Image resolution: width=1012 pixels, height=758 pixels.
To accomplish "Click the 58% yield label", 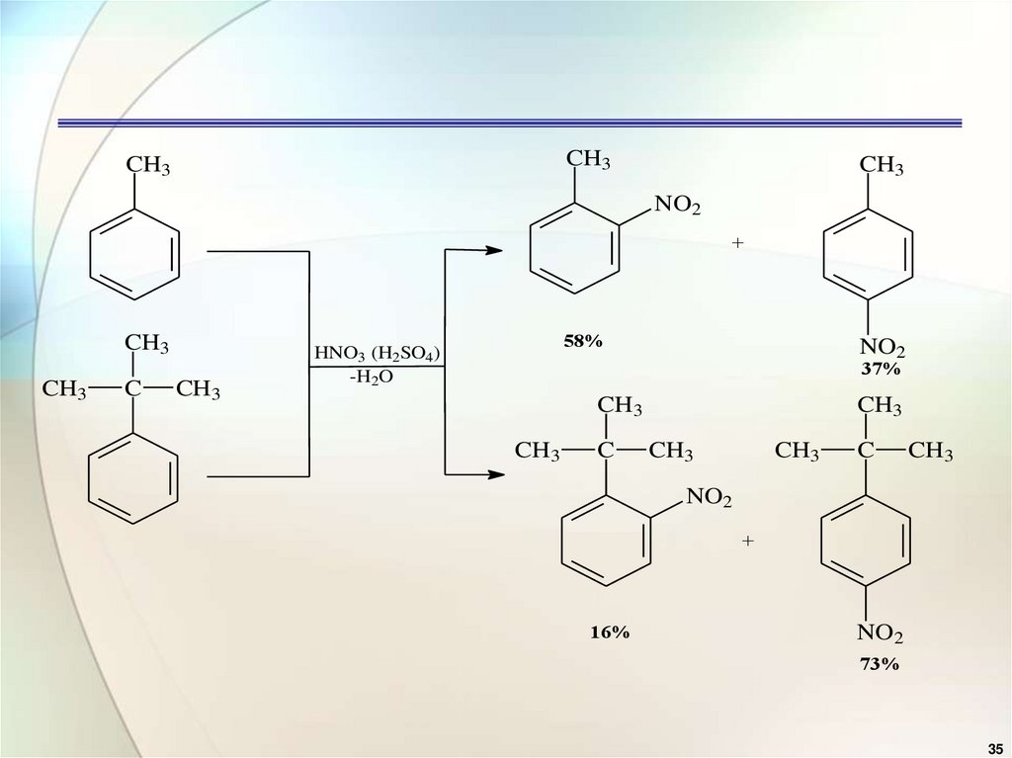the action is pyautogui.click(x=583, y=341).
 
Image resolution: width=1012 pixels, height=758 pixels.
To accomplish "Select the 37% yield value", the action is pyautogui.click(x=880, y=369).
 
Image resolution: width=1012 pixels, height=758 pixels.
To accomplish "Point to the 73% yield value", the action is pyautogui.click(x=879, y=664).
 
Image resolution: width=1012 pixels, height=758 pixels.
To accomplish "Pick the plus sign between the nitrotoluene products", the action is pyautogui.click(x=737, y=244).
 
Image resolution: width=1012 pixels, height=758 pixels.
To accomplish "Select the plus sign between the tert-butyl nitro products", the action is pyautogui.click(x=748, y=541).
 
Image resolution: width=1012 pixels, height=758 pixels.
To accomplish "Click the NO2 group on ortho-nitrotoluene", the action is pyautogui.click(x=677, y=207).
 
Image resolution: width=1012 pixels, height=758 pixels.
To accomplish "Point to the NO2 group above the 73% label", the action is pyautogui.click(x=880, y=632).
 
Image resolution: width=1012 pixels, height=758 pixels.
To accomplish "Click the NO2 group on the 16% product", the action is pyautogui.click(x=709, y=500).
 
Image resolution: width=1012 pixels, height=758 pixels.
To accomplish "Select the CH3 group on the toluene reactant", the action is pyautogui.click(x=148, y=165).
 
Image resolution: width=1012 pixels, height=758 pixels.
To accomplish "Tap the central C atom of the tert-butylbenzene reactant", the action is pyautogui.click(x=133, y=390).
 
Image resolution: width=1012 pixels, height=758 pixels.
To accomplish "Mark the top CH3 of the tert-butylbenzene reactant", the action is pyautogui.click(x=146, y=344).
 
